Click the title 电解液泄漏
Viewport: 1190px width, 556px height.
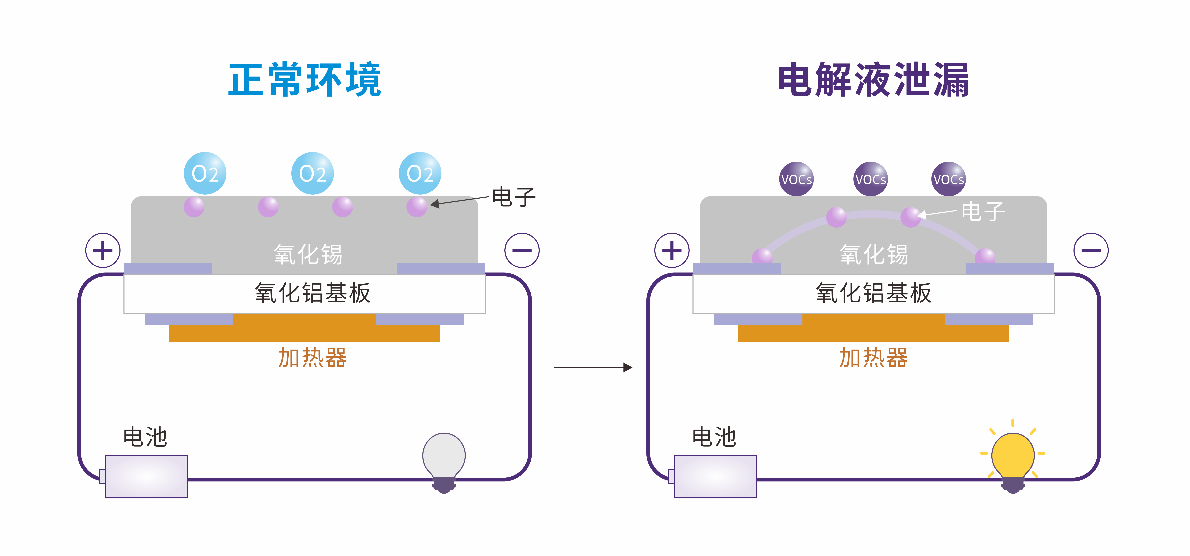click(x=873, y=80)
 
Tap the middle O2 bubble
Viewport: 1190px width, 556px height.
click(x=312, y=173)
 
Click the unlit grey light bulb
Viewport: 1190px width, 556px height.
click(x=444, y=457)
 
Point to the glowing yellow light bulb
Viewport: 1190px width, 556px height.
click(x=1013, y=457)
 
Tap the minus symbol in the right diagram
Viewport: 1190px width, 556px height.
click(x=1091, y=250)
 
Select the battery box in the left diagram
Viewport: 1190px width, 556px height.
click(x=146, y=476)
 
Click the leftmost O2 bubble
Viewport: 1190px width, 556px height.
click(x=205, y=173)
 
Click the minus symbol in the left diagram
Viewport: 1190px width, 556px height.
click(x=522, y=250)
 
